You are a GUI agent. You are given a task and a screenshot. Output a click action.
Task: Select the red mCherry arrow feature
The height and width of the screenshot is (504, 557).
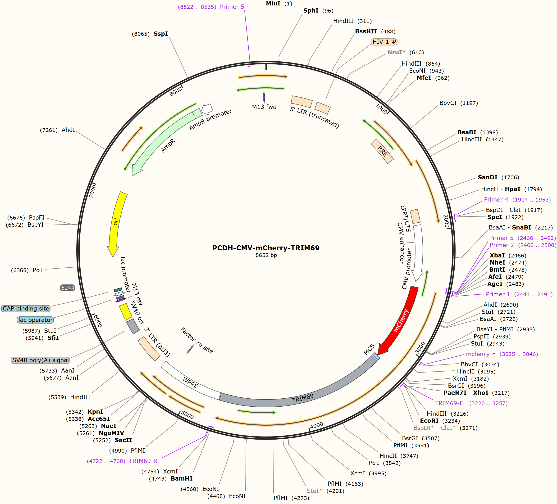click(401, 320)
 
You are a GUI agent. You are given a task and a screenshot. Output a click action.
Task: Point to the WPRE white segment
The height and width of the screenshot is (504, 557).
click(191, 382)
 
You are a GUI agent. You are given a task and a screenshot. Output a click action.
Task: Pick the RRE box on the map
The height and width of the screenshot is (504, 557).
click(382, 151)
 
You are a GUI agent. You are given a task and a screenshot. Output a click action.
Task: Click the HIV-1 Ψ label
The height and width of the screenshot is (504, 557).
click(384, 42)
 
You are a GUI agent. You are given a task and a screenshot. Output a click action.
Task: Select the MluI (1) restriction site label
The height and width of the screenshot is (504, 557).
click(279, 4)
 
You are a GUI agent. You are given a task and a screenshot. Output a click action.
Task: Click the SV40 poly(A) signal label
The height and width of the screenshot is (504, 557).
click(40, 360)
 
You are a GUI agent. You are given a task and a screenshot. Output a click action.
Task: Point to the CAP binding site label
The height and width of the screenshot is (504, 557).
click(26, 308)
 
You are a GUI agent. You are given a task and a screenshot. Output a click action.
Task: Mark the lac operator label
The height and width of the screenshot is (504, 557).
click(35, 320)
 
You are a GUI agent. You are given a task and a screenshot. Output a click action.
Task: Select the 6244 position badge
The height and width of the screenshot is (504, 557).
click(68, 288)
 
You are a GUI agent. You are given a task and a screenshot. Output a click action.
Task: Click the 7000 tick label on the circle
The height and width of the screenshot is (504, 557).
click(93, 191)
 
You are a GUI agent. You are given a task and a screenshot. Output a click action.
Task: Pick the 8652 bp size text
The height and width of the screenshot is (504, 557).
click(266, 255)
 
